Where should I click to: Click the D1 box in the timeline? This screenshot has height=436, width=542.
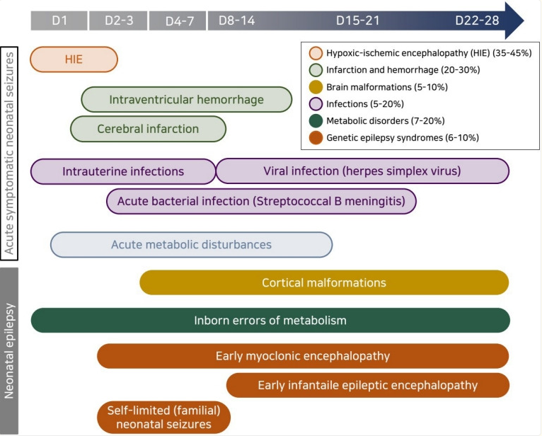[x=59, y=21]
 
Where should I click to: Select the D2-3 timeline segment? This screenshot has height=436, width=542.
[x=119, y=21]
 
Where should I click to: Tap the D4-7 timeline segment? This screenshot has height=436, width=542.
[x=178, y=21]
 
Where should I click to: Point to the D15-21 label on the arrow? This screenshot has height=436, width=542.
[x=358, y=21]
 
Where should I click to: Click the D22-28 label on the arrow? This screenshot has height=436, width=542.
[x=477, y=21]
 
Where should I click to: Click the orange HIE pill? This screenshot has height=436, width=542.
[x=74, y=59]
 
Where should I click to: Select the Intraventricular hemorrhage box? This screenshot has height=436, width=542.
[x=187, y=100]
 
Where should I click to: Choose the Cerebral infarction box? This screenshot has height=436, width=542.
[x=149, y=129]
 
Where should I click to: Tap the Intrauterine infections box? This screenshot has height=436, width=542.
[x=123, y=171]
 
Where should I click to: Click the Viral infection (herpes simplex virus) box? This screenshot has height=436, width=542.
[x=362, y=171]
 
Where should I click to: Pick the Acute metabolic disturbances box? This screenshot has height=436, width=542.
[x=192, y=245]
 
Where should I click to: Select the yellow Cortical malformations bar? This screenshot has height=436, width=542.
[x=324, y=283]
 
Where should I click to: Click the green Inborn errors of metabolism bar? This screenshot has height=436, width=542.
[x=270, y=321]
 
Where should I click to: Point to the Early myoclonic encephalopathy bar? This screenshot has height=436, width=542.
[x=303, y=356]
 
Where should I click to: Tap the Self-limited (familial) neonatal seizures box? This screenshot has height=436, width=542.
[x=164, y=418]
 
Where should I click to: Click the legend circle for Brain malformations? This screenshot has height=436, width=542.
[x=316, y=87]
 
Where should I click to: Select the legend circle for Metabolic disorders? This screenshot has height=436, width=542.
[x=316, y=121]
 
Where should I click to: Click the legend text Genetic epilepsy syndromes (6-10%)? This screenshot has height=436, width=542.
[x=403, y=138]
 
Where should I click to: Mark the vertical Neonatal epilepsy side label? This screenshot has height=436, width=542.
[x=9, y=351]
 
